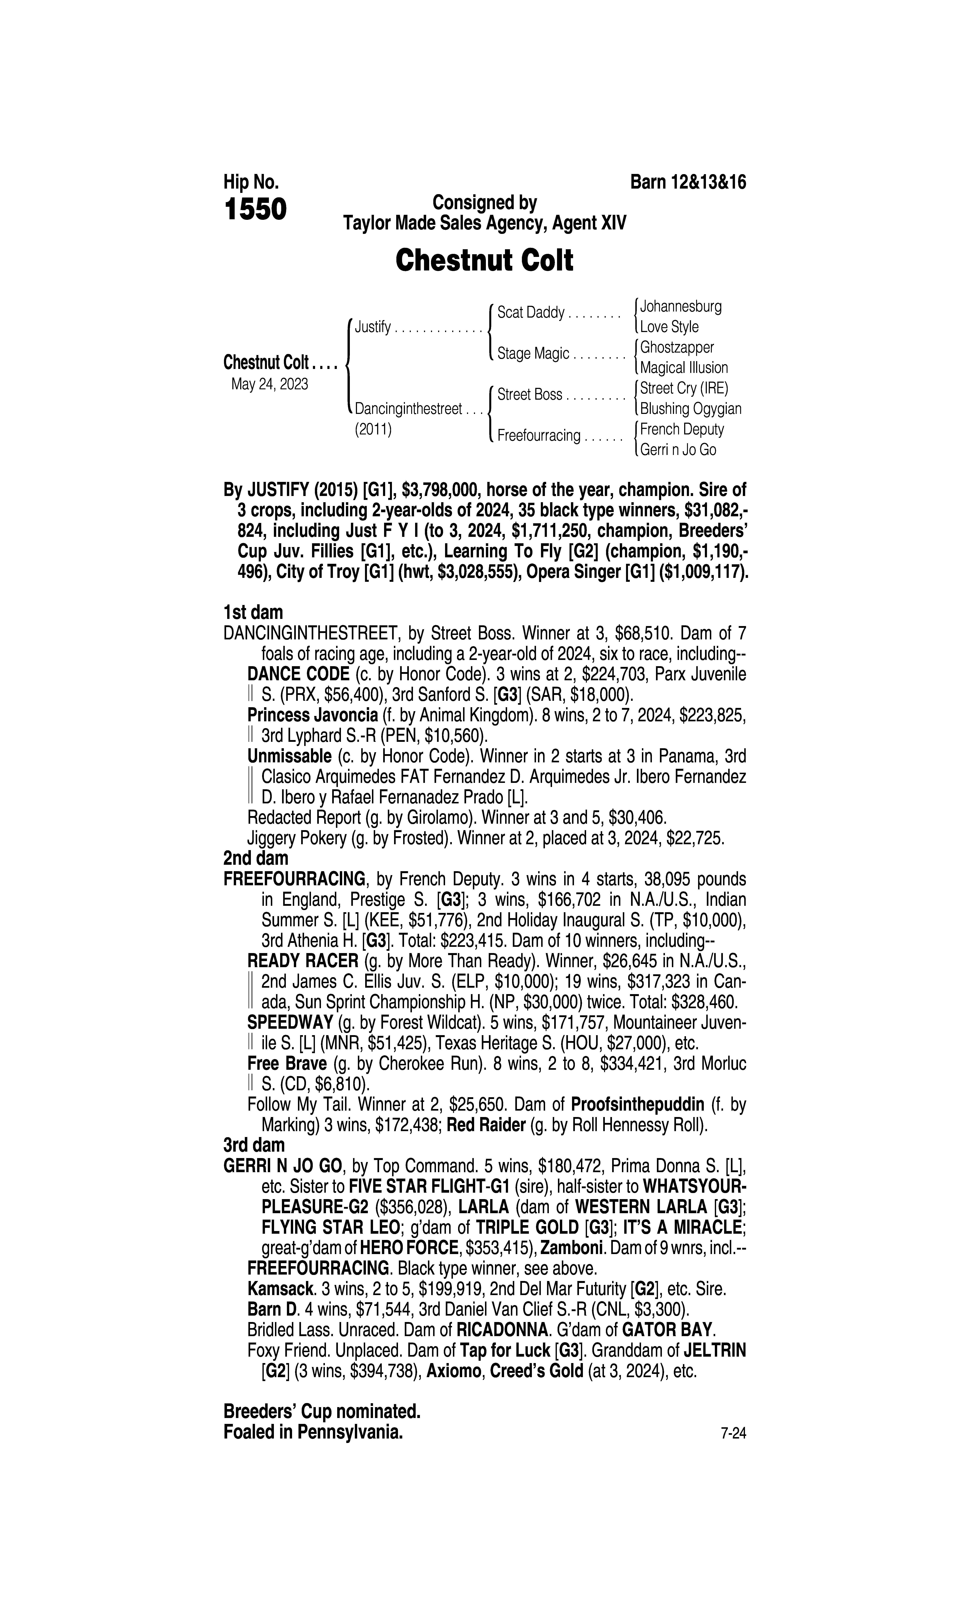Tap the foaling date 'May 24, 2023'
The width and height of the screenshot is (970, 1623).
coord(269,384)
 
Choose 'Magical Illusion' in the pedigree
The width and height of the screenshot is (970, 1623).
coord(684,368)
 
